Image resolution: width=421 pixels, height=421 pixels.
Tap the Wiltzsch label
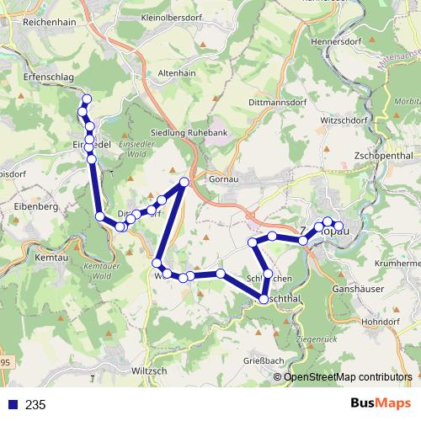pyautogui.click(x=152, y=370)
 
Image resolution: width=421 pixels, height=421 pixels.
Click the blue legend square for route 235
pyautogui.click(x=13, y=405)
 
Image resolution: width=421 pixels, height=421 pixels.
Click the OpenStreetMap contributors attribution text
pyautogui.click(x=347, y=377)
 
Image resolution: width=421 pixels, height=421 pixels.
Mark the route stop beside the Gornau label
pyautogui.click(x=184, y=182)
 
